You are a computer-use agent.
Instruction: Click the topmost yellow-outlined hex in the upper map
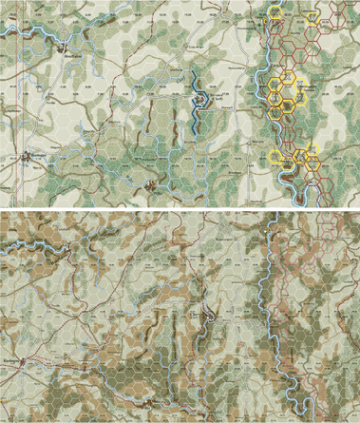point(275,11)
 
